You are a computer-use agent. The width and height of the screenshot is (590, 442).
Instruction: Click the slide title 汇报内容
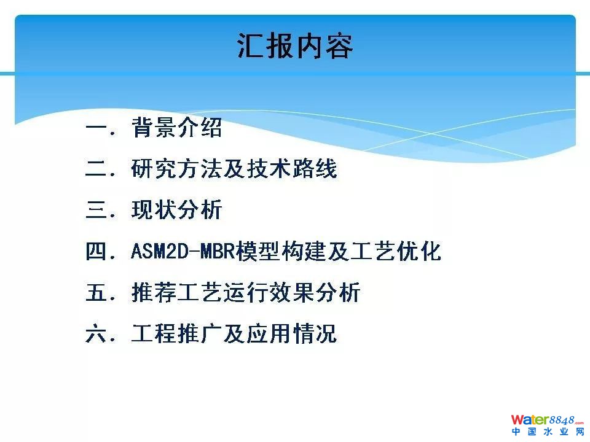(x=295, y=46)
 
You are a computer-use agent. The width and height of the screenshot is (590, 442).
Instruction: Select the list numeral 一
(x=97, y=127)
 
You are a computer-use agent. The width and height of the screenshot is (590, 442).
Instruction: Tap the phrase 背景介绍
(x=176, y=127)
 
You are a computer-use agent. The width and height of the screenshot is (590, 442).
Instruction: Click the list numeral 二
(x=97, y=168)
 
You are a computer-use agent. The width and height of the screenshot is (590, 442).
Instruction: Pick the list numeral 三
(x=97, y=209)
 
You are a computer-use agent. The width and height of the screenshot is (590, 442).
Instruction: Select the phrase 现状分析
(x=176, y=209)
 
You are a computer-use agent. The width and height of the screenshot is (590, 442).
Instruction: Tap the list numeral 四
(x=97, y=251)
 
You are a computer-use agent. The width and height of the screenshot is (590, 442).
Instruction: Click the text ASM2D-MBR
(x=183, y=251)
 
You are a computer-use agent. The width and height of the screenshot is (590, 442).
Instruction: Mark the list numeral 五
(x=97, y=292)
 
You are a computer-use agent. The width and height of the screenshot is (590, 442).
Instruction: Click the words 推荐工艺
(x=177, y=292)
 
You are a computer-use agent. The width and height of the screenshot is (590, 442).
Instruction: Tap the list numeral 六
(x=97, y=333)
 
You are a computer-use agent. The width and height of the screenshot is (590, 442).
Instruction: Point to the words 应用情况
(x=291, y=333)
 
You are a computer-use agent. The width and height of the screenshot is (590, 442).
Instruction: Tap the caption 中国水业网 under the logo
(x=548, y=432)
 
